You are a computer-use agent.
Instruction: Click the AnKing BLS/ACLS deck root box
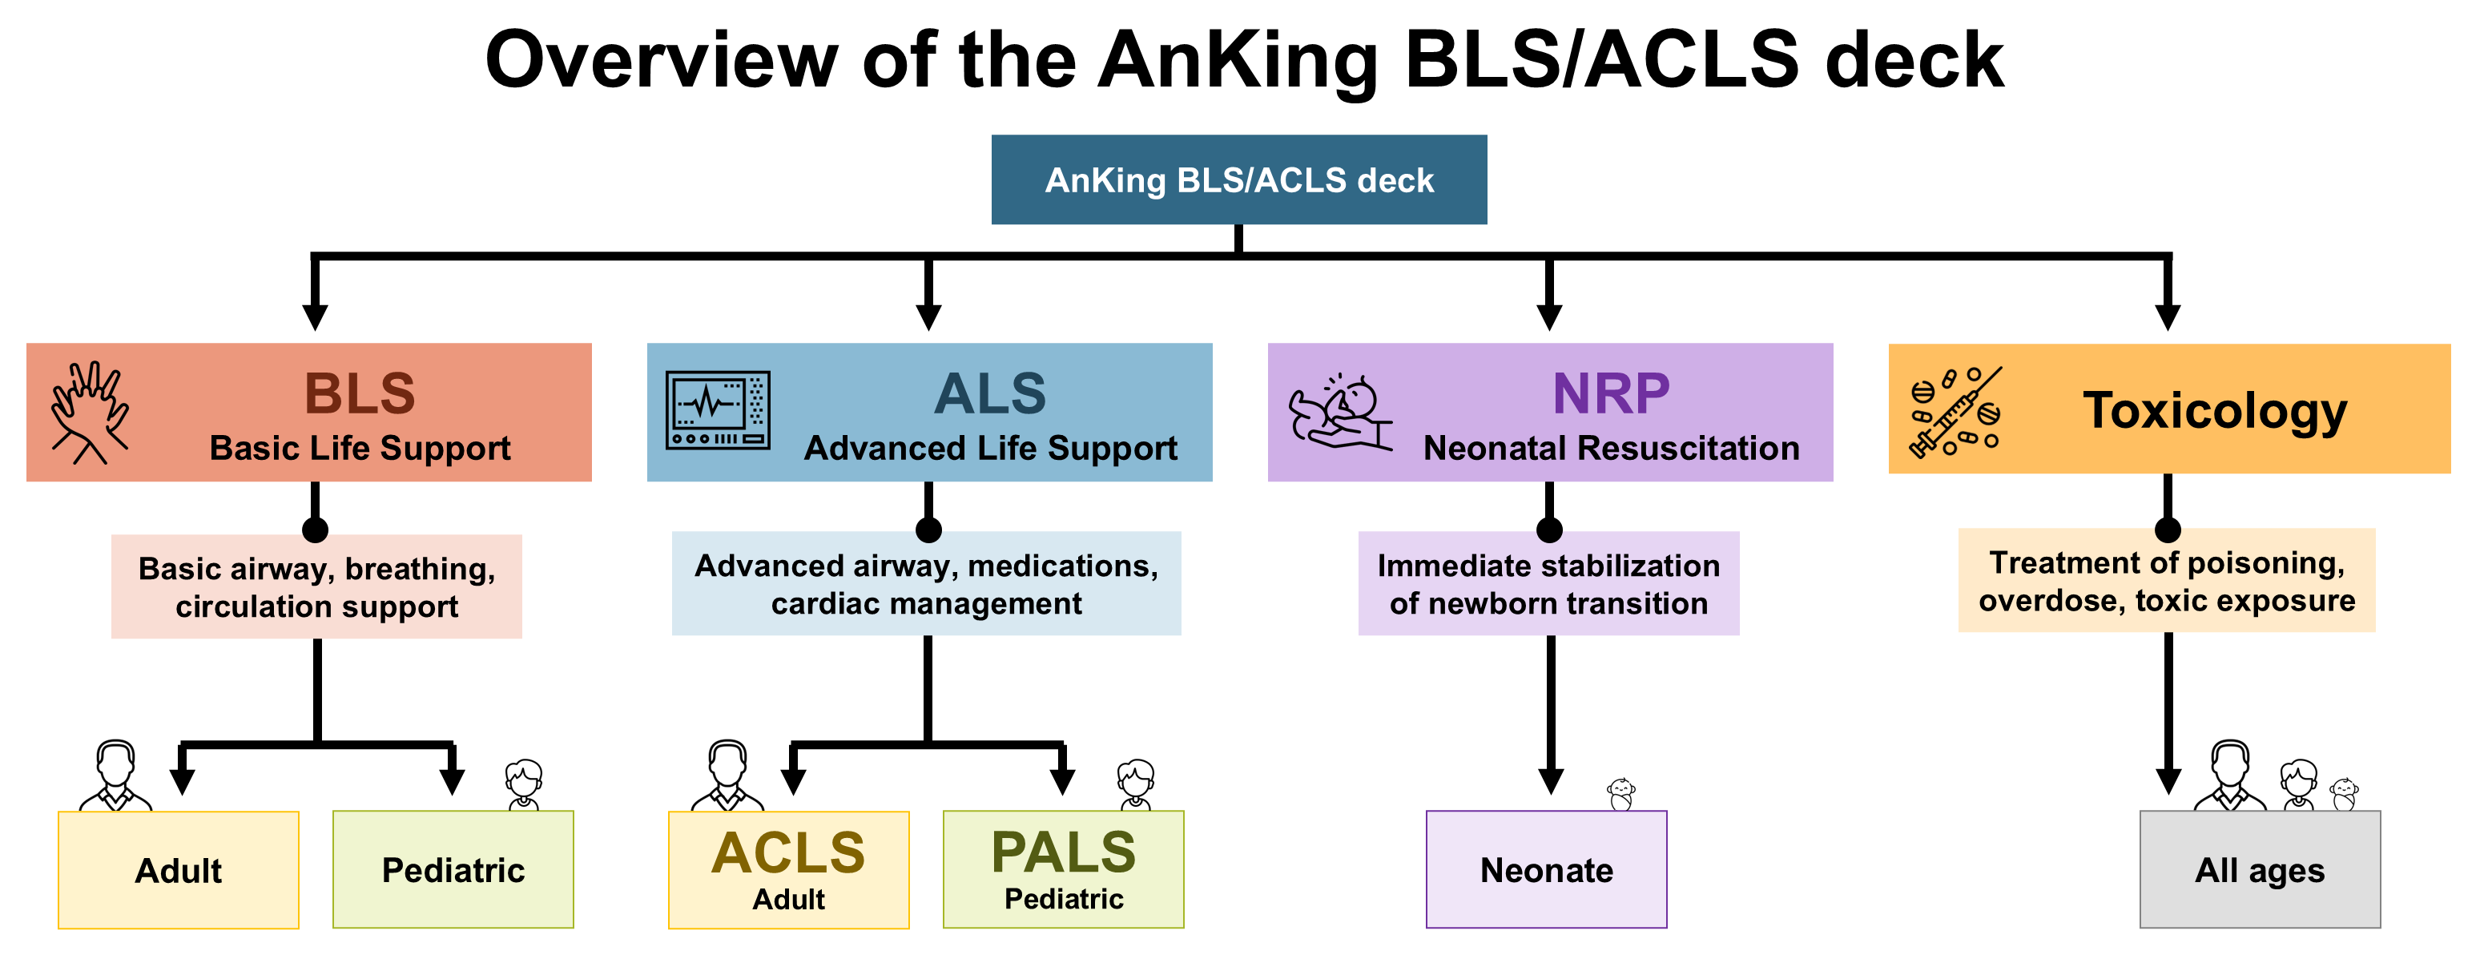(x=1238, y=180)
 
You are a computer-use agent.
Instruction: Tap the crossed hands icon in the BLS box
(x=90, y=413)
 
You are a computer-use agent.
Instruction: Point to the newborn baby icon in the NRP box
(x=1340, y=413)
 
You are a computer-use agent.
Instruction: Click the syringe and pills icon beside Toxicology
(x=1955, y=412)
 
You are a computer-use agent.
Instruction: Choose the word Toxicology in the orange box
(x=2215, y=411)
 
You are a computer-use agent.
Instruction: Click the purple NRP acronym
(x=1610, y=393)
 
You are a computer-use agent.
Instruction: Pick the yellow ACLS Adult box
(x=788, y=869)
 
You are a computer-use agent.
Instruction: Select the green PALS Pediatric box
(x=1063, y=869)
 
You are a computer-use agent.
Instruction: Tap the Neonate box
(x=1546, y=869)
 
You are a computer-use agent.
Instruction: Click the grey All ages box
(x=2260, y=869)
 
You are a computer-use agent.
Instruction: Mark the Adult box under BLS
(x=179, y=869)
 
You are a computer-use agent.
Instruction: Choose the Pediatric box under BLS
(x=453, y=869)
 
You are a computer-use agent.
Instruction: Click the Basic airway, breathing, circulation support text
(x=316, y=587)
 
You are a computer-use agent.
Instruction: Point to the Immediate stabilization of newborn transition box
(x=1548, y=584)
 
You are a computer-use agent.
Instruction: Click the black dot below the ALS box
(x=928, y=530)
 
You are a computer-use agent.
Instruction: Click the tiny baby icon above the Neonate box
(x=1621, y=794)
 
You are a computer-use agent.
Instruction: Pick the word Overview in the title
(x=662, y=60)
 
